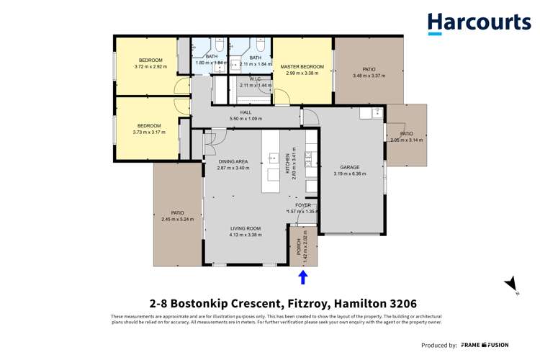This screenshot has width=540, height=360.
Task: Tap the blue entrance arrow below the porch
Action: point(303,277)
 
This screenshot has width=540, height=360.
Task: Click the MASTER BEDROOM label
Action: point(302,67)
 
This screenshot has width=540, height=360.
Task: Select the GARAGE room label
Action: point(350,167)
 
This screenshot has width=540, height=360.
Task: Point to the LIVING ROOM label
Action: point(245,228)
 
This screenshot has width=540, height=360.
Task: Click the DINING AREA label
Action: point(233,161)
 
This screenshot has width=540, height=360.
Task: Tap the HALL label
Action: point(246,113)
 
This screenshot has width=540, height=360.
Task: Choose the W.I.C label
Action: point(255,79)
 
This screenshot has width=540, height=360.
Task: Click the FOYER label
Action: point(302,205)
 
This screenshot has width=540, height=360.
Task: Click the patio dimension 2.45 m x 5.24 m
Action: point(177,219)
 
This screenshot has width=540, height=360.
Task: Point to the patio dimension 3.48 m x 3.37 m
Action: point(369,76)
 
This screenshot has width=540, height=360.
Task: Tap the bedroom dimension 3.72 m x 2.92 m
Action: point(150,66)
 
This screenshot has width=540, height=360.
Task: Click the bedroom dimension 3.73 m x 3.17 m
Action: point(149,132)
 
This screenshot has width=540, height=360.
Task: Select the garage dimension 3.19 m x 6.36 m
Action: point(350,174)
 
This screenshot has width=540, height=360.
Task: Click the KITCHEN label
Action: point(287,166)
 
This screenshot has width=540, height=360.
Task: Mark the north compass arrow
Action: point(511,284)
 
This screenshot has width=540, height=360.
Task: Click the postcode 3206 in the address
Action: point(403,304)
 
